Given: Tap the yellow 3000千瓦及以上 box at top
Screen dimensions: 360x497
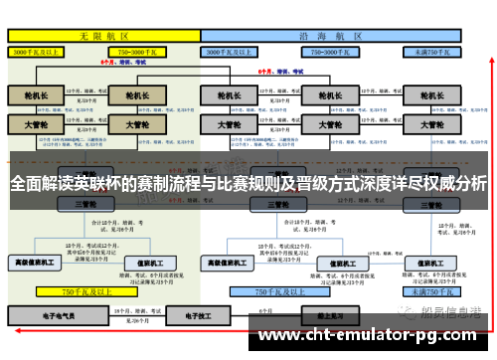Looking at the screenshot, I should pyautogui.click(x=40, y=49).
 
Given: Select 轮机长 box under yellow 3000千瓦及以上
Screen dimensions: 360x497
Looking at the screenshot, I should pyautogui.click(x=35, y=96).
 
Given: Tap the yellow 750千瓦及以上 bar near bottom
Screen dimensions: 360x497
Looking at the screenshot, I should pyautogui.click(x=84, y=292).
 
